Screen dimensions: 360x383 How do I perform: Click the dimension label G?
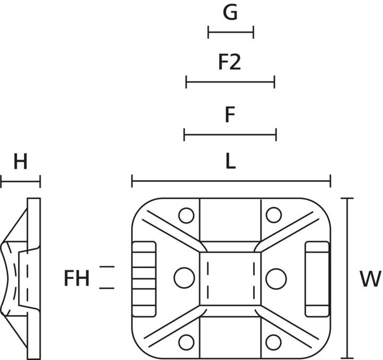pyautogui.click(x=230, y=13)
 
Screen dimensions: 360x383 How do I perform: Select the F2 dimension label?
pyautogui.click(x=230, y=62)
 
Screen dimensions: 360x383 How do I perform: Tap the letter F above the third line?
pyautogui.click(x=230, y=114)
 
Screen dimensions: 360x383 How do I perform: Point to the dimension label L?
pyautogui.click(x=230, y=162)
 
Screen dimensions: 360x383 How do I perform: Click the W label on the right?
pyautogui.click(x=370, y=279)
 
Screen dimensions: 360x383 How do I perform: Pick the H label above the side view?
pyautogui.click(x=20, y=162)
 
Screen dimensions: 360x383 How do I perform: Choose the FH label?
pyautogui.click(x=77, y=278)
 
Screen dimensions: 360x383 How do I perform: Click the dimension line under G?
pyautogui.click(x=230, y=33)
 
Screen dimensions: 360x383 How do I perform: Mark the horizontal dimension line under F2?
pyautogui.click(x=230, y=82)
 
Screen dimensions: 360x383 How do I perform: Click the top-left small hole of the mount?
pyautogui.click(x=186, y=215)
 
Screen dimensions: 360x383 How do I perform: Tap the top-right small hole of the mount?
pyautogui.click(x=273, y=215)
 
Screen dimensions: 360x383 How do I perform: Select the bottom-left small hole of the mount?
pyautogui.click(x=186, y=341)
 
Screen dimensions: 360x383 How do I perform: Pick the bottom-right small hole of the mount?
pyautogui.click(x=273, y=341)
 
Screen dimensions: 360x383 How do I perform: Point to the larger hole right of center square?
pyautogui.click(x=276, y=277)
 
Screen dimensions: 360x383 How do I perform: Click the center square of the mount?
pyautogui.click(x=230, y=277)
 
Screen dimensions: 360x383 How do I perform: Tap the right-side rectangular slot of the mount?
pyautogui.click(x=317, y=278)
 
